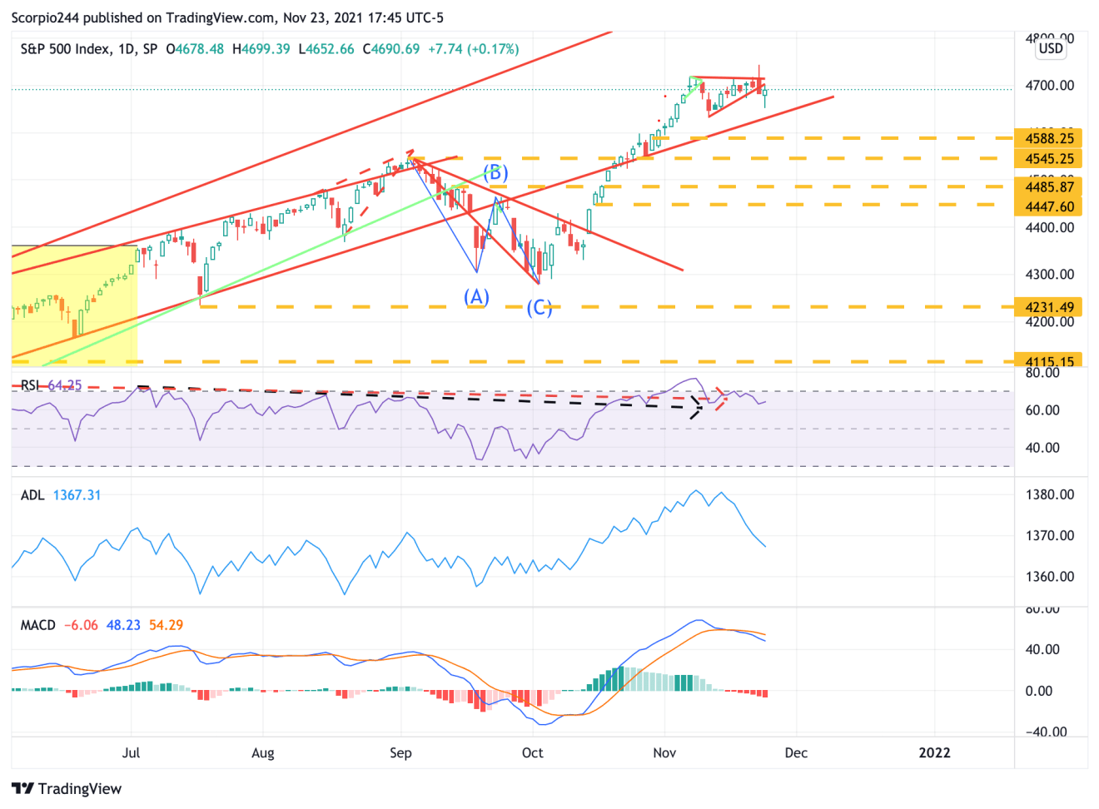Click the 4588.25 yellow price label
point(1049,138)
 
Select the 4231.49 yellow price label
point(1049,307)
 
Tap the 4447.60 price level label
point(1049,206)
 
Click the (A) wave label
point(476,297)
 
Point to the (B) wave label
point(495,173)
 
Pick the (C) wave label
point(540,308)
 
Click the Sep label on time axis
point(400,752)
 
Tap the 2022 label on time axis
point(934,752)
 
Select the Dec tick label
point(796,752)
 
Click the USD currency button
point(1051,48)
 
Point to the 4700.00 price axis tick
point(1049,86)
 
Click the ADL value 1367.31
point(77,495)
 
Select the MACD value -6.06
point(81,625)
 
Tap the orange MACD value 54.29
point(166,625)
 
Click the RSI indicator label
point(30,385)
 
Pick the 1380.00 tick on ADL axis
point(1049,494)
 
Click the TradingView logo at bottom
point(67,788)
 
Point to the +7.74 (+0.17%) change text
point(473,49)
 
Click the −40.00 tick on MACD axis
point(1047,732)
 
